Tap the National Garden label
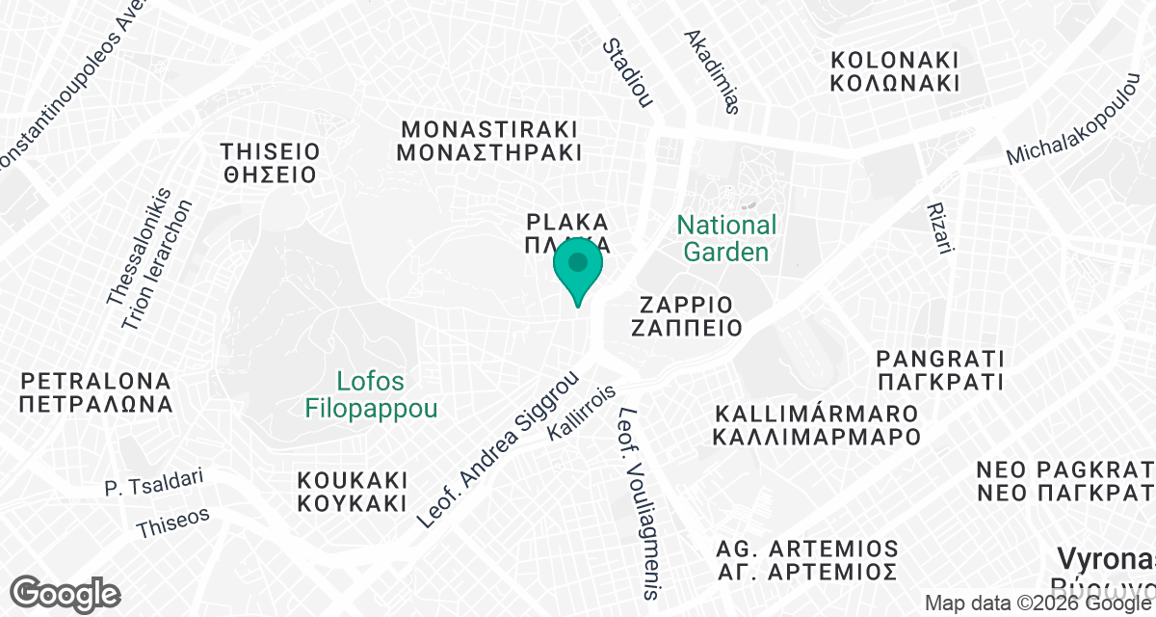point(726,238)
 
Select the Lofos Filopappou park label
point(371,395)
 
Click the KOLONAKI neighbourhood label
point(896,70)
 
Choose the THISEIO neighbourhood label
point(269,163)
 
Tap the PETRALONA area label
point(95,391)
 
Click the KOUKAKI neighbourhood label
point(353,492)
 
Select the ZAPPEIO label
point(686,314)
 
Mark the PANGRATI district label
point(939,370)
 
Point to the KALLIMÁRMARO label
point(817,424)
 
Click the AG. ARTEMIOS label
point(807,560)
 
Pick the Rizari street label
point(938,229)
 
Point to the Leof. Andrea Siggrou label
point(497,450)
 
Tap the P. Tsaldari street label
point(155,483)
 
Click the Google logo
point(66,592)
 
